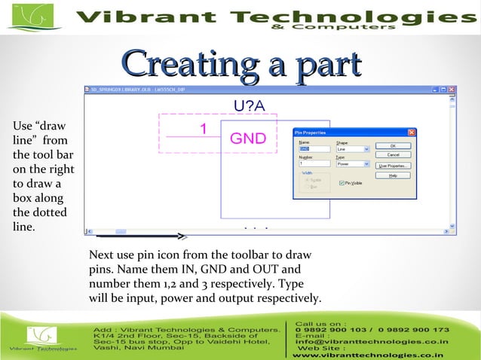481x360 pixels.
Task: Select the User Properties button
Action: point(394,165)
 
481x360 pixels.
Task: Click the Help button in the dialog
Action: point(394,175)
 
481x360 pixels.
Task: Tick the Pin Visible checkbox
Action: point(342,183)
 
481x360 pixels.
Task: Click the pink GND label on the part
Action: point(248,138)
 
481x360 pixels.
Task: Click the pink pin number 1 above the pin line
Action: point(203,129)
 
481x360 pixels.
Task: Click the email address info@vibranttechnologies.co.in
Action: point(372,340)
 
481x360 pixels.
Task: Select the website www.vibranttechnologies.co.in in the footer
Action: point(367,354)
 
